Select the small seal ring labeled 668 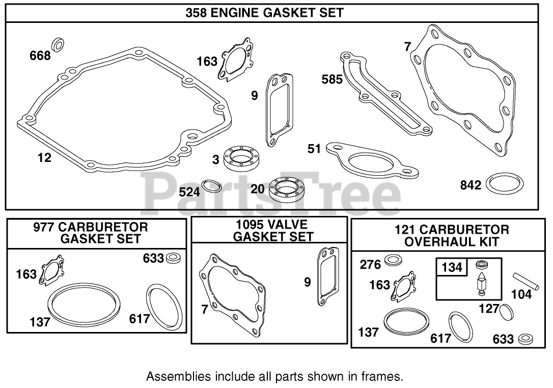(59, 44)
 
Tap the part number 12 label (45, 158)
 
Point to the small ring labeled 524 (212, 186)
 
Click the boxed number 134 (451, 267)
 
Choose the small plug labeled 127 (507, 311)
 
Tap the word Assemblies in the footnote (171, 377)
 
